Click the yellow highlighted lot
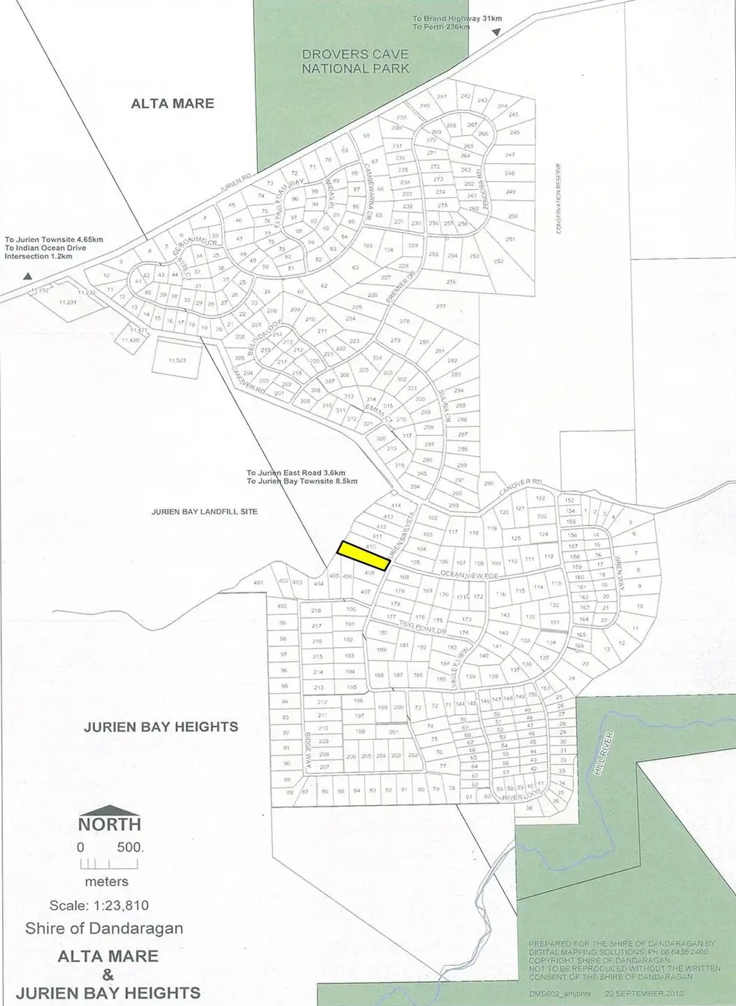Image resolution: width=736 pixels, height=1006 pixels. point(363,555)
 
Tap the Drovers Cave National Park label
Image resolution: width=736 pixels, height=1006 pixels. point(355,61)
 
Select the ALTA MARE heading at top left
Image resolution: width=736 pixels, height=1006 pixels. point(172,104)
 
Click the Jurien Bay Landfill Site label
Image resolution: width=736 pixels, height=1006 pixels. point(204,511)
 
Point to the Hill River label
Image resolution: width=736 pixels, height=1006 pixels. point(604,754)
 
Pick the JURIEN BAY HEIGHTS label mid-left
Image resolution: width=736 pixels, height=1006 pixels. point(160,727)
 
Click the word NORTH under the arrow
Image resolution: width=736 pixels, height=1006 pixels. point(109,824)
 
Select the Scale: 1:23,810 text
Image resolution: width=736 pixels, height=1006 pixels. point(99,905)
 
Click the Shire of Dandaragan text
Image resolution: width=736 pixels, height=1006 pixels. point(104,929)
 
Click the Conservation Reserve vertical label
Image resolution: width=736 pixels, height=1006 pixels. point(559,198)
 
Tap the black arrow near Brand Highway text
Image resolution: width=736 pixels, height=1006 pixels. point(496,32)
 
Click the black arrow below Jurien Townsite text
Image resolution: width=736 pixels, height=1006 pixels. point(28,276)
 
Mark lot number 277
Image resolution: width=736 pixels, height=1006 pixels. point(441,306)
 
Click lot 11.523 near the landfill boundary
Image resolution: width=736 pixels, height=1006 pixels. point(177,360)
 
